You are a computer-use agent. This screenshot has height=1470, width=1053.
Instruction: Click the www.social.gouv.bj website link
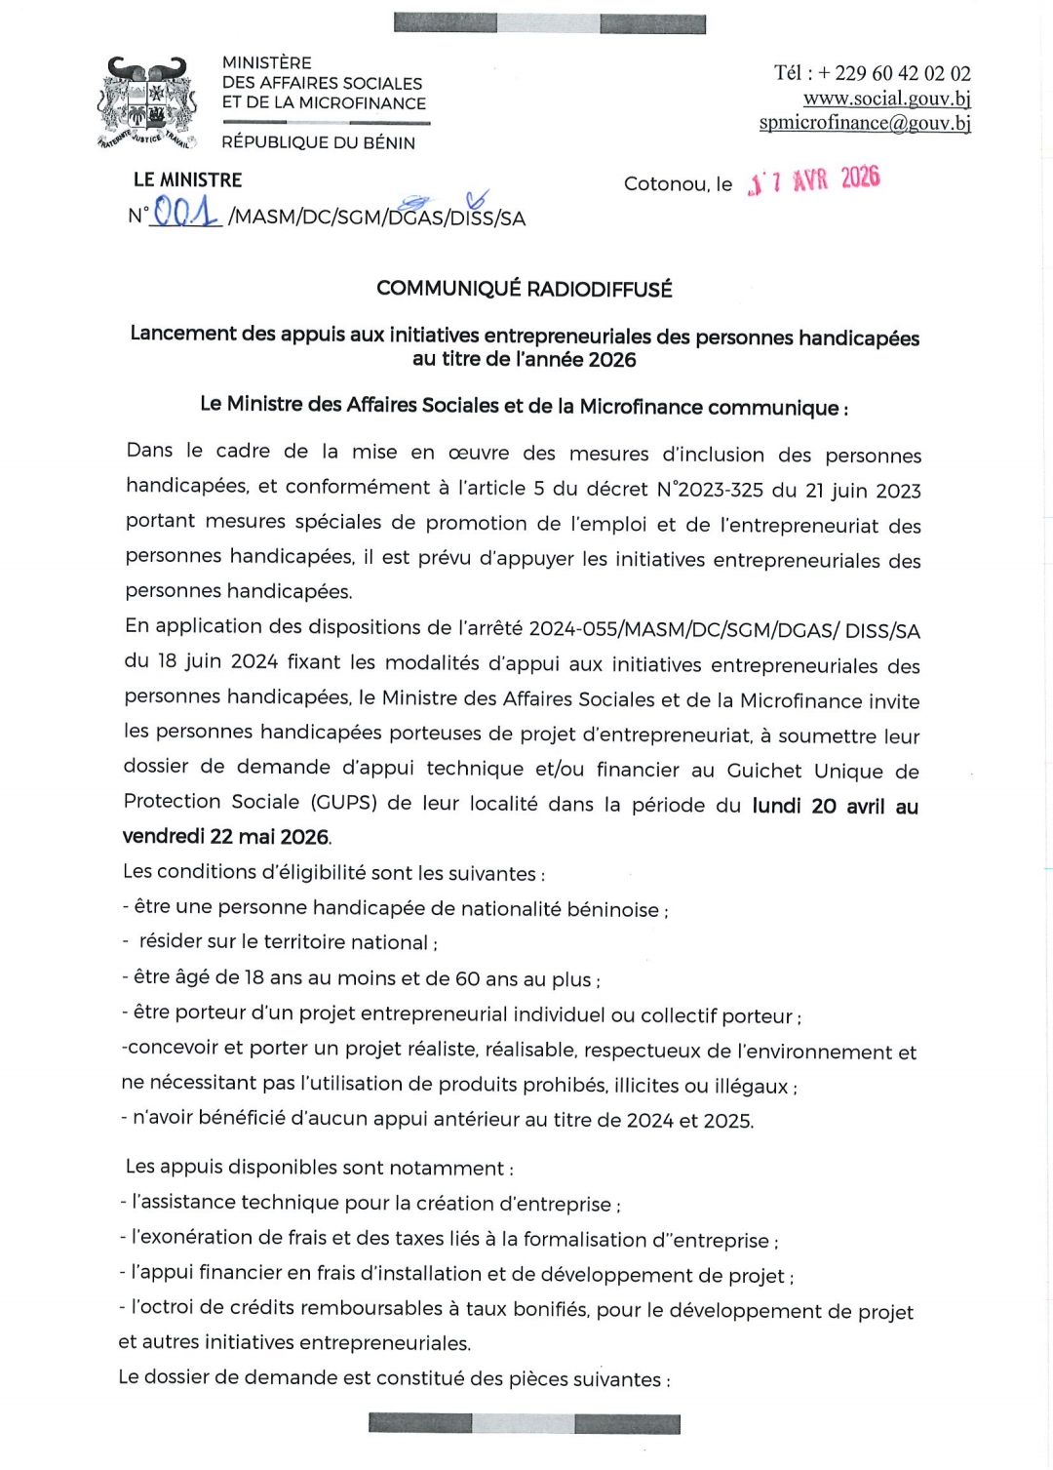click(886, 99)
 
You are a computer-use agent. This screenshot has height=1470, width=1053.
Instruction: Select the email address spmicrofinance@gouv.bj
click(865, 123)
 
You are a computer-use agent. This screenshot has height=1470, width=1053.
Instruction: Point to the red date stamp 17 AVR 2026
click(814, 180)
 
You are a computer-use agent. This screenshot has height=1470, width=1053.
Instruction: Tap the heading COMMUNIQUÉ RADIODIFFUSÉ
click(525, 289)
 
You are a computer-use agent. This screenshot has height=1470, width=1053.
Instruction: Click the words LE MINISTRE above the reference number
click(187, 180)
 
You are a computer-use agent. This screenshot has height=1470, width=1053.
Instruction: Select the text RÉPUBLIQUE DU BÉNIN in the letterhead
click(318, 142)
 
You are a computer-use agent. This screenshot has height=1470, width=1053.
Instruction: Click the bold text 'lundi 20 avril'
click(818, 806)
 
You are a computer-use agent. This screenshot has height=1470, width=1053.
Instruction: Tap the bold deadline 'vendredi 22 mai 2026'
click(226, 837)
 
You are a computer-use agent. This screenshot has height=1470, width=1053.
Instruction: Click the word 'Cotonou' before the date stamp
click(666, 184)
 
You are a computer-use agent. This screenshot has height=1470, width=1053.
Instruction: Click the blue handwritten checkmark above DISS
click(477, 199)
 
